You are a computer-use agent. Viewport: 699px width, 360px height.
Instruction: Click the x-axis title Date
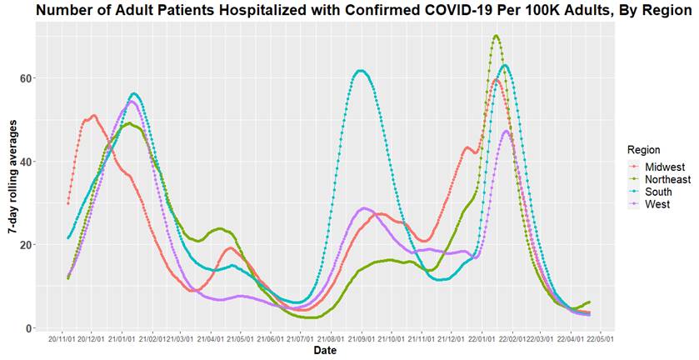325,351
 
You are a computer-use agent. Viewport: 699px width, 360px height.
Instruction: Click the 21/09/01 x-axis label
362,340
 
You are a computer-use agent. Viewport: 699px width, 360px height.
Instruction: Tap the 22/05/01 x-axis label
600,340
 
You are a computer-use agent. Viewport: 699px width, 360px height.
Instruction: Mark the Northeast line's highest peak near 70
496,36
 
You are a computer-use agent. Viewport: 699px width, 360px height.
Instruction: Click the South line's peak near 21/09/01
360,71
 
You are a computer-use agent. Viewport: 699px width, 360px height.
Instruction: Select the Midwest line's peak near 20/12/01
93,116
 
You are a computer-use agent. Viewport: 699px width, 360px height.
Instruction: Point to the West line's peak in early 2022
507,131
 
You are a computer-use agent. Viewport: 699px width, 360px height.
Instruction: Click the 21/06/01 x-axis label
271,340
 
